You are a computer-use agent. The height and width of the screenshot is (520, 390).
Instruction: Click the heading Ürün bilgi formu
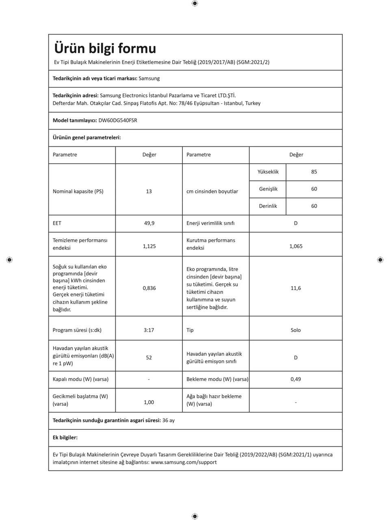tap(105, 48)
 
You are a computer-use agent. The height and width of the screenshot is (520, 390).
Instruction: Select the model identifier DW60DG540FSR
tap(118, 120)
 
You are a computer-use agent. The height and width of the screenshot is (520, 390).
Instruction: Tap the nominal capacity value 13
tap(149, 191)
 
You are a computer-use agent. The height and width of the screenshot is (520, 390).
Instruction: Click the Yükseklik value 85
tap(314, 172)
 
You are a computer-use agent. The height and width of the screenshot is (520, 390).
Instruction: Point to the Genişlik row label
tap(268, 189)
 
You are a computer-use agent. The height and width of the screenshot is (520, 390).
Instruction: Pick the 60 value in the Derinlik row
tap(314, 206)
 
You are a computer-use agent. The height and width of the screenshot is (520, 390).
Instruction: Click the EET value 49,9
tap(149, 223)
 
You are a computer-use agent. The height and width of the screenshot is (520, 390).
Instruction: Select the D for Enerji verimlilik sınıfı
tap(296, 223)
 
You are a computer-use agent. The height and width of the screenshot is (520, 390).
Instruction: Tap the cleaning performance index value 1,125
tap(149, 246)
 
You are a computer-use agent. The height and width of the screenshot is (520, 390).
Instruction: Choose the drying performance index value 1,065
tap(296, 246)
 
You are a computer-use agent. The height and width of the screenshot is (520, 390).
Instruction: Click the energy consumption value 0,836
tap(149, 288)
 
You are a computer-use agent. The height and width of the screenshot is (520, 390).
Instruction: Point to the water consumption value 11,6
tap(296, 288)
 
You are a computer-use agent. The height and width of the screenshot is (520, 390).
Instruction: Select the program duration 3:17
tap(149, 330)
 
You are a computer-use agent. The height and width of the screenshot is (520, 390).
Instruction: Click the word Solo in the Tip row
tap(296, 330)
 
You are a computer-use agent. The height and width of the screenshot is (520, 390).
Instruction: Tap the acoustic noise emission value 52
tap(149, 357)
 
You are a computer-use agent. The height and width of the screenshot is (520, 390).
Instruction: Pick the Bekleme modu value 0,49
tap(296, 379)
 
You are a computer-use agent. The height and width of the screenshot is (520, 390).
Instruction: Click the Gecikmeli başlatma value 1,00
tap(149, 402)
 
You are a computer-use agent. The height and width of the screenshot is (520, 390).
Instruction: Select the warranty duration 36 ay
tap(168, 420)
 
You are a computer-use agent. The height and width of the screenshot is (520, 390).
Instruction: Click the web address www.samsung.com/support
tap(184, 462)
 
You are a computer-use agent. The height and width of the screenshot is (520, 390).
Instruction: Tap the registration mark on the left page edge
tap(10, 260)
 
